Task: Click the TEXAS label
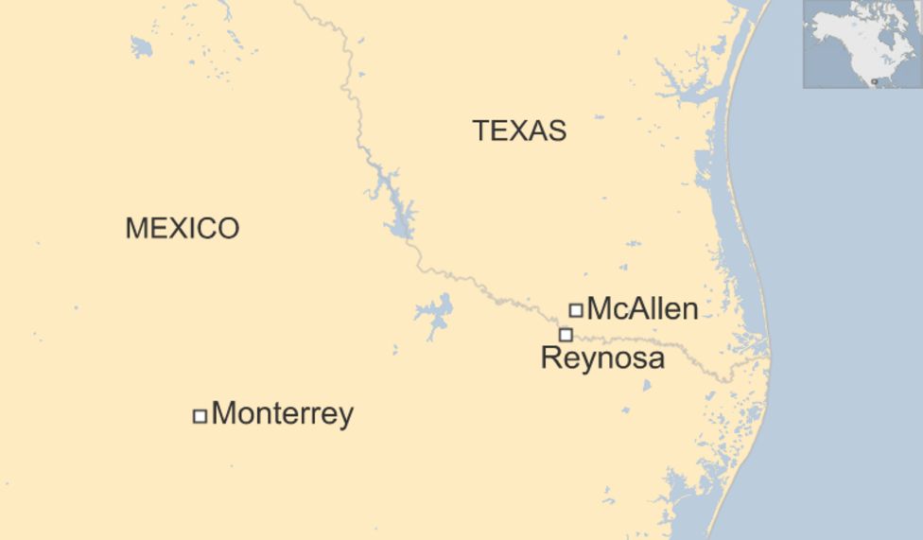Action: tap(519, 131)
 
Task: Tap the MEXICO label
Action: tap(182, 228)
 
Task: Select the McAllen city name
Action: tap(642, 308)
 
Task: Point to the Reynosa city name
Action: tap(602, 358)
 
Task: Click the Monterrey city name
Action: tap(282, 414)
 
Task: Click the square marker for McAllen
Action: tap(575, 309)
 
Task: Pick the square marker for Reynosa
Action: tap(566, 334)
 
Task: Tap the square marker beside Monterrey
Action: tap(200, 416)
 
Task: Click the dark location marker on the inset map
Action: tap(875, 81)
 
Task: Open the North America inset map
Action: tap(862, 44)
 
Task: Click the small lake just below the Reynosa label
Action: tap(647, 386)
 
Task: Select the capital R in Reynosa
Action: tap(549, 358)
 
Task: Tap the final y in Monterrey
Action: tap(346, 416)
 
